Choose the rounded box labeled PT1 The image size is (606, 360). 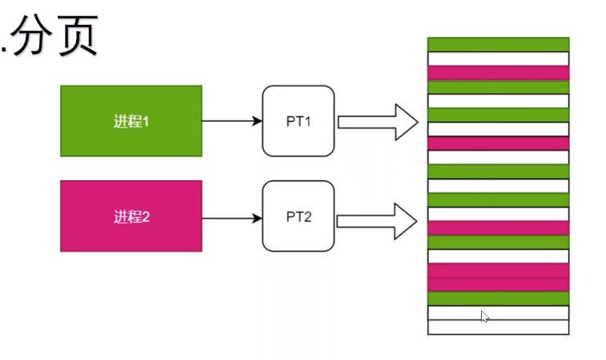tap(298, 121)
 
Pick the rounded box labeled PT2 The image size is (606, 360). tap(298, 216)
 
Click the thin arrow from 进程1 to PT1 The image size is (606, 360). tap(232, 121)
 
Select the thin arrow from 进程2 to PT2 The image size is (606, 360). tap(232, 217)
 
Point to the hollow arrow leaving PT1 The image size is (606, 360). tap(378, 122)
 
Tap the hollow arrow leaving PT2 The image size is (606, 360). tap(378, 219)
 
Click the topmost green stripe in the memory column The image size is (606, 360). tap(498, 44)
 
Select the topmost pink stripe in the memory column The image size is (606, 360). tap(498, 73)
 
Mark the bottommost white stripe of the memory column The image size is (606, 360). tap(498, 327)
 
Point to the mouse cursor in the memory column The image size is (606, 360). tap(484, 317)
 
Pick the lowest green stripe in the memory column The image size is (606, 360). tap(498, 298)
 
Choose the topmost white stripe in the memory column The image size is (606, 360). tap(498, 59)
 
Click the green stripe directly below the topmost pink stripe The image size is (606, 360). tap(498, 87)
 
